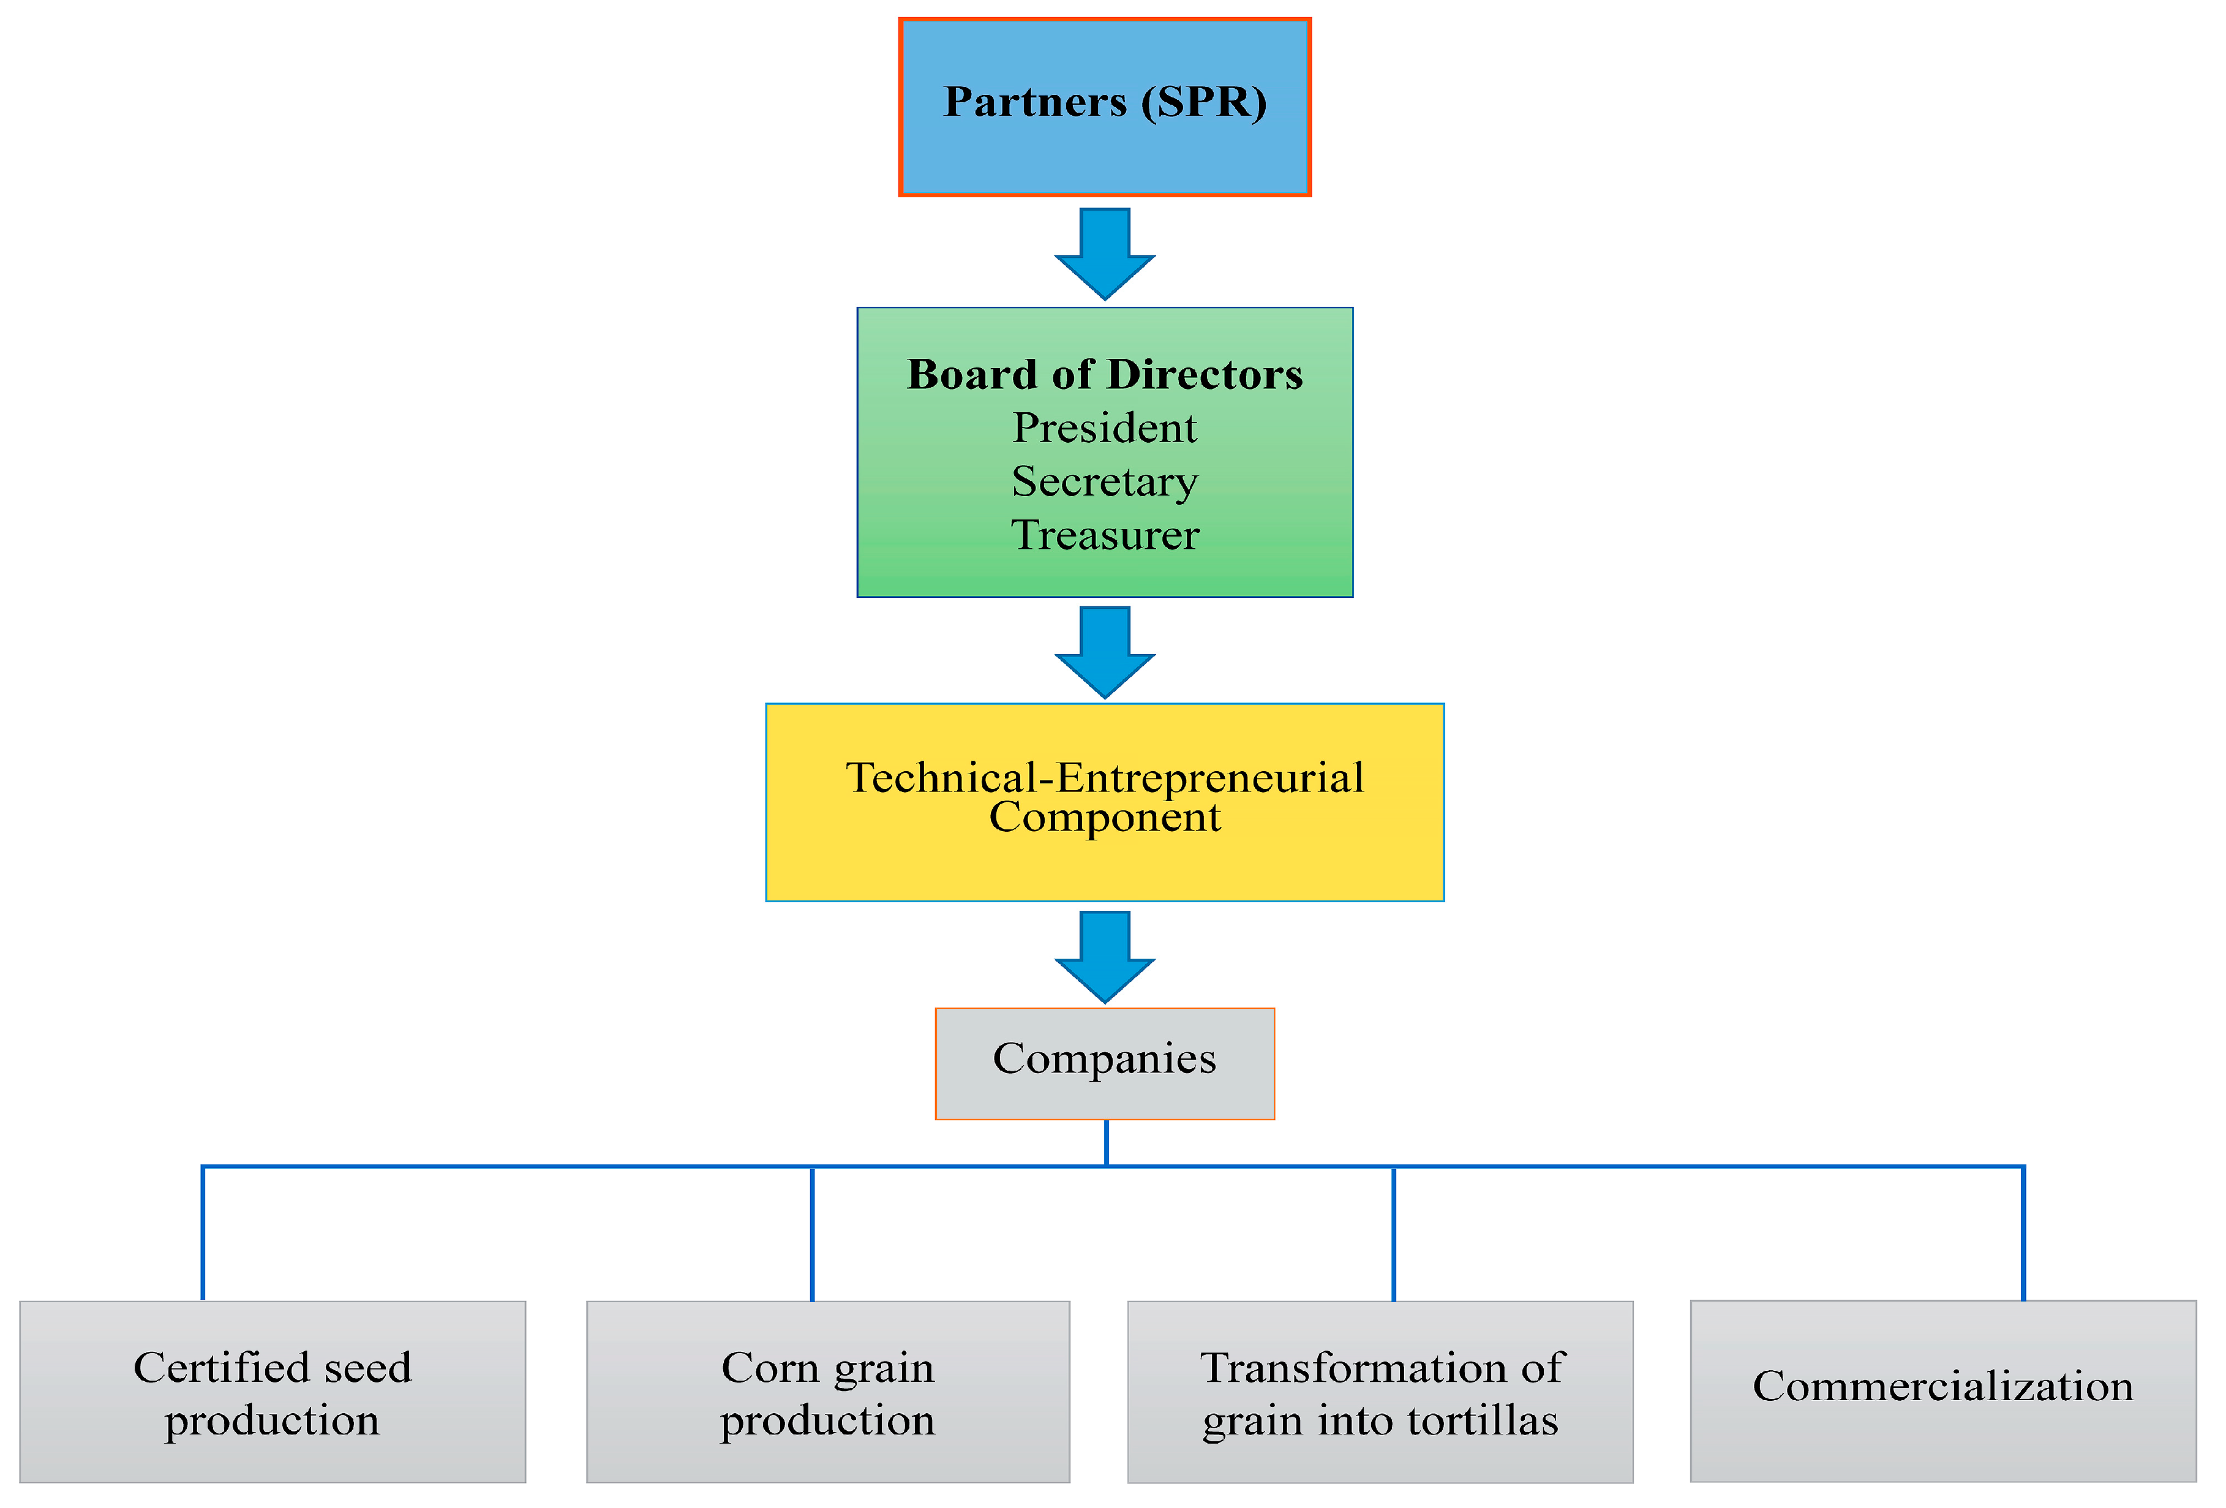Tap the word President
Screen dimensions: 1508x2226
pos(1104,428)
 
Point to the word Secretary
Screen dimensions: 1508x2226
pos(1104,481)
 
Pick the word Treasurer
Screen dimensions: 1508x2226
pos(1104,535)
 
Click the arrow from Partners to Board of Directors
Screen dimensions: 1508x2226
pos(1104,252)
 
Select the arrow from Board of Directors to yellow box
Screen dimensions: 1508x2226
pos(1104,650)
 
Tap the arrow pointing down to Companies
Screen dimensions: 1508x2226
pos(1104,955)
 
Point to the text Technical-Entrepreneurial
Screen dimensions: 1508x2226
pos(1104,778)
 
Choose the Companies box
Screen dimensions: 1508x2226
pos(1104,1063)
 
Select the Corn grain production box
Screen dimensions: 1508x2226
pos(827,1391)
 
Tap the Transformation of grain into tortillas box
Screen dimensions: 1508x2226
pos(1380,1391)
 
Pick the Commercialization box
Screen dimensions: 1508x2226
pos(1942,1390)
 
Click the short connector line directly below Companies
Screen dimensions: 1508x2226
pos(1107,1142)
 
